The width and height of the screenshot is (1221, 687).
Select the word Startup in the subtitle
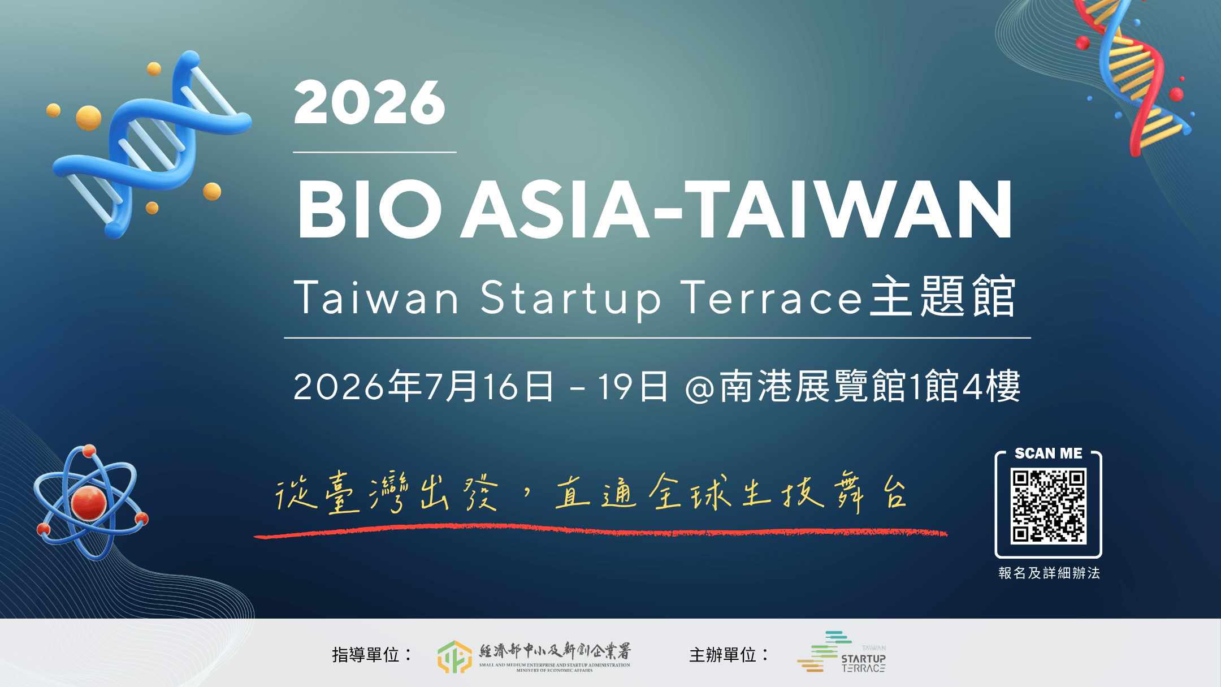click(571, 298)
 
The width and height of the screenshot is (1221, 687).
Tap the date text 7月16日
click(490, 387)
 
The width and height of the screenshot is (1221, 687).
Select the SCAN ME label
click(1048, 453)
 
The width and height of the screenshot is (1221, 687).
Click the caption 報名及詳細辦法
click(1049, 573)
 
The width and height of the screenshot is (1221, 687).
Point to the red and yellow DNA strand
click(1136, 74)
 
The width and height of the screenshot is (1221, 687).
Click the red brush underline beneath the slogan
click(599, 531)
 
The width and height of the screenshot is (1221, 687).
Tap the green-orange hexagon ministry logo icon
click(454, 656)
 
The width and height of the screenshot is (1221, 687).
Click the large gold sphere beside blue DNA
click(89, 118)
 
